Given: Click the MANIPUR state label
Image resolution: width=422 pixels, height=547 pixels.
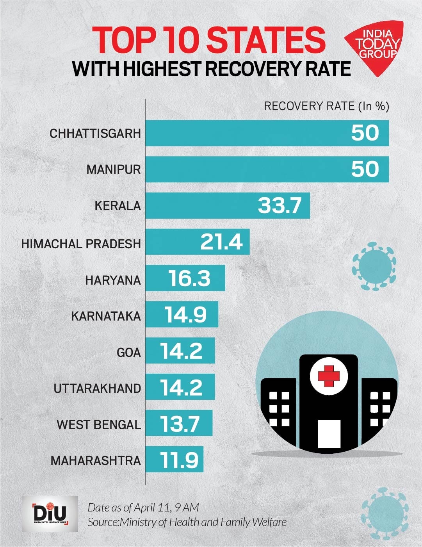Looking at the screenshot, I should coord(114,169).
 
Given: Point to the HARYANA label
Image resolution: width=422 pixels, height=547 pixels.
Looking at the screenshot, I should coord(113,280).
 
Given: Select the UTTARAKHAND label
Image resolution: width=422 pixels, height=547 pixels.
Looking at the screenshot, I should coord(97,388).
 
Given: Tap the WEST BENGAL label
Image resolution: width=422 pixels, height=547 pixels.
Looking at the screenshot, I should coord(99,424).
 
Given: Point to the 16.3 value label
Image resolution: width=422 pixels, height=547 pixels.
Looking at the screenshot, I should coord(189,278).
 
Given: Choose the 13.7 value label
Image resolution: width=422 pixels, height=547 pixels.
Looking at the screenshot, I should coord(180,424).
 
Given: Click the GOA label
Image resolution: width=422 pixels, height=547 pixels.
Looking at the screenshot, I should coord(128,353).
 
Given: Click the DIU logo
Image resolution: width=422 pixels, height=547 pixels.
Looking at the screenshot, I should coord(50,514).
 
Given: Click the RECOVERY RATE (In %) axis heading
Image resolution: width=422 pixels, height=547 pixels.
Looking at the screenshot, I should coord(326,106).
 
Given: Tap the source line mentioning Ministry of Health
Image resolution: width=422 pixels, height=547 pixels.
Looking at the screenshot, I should coord(187,522).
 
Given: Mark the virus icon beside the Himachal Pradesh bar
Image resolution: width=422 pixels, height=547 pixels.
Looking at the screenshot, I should coord(374,266).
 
